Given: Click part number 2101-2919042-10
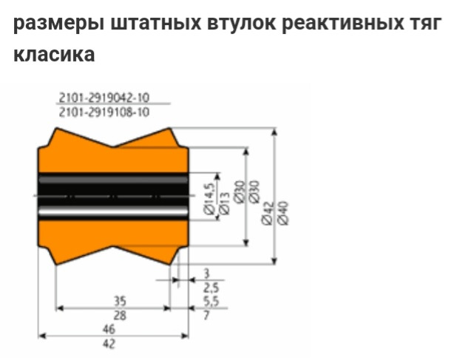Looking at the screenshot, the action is [x=104, y=98].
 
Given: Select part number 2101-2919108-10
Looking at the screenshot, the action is [x=104, y=112].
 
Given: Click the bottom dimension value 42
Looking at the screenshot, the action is [x=109, y=344].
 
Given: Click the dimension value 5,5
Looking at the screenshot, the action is [x=210, y=302].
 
